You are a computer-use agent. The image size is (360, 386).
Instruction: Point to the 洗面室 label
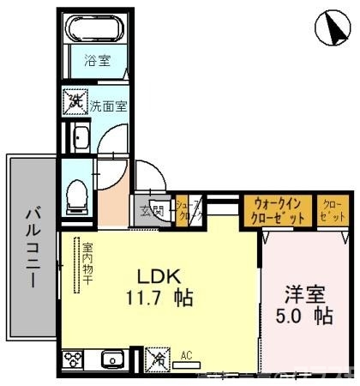[x=109, y=106]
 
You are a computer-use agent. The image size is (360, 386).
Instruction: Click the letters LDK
[x=159, y=277]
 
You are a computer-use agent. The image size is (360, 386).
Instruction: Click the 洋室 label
[x=305, y=293]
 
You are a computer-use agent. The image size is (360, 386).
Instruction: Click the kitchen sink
[x=111, y=358]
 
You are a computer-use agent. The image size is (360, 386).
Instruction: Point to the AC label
[x=185, y=352]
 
